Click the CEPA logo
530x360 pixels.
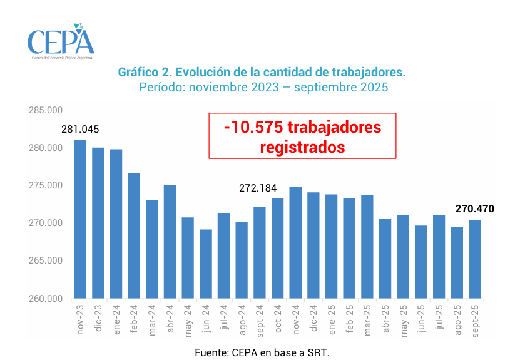point(61,41)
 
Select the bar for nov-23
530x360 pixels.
point(80,219)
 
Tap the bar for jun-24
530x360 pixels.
point(206,264)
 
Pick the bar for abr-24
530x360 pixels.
point(170,241)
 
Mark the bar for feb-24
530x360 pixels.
point(134,235)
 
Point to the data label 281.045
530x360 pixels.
point(80,130)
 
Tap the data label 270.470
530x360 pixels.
point(474,208)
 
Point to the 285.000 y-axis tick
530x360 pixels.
point(46,111)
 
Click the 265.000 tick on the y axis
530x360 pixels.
point(46,261)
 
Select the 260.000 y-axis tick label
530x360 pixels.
point(46,299)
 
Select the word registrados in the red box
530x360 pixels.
point(302,147)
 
